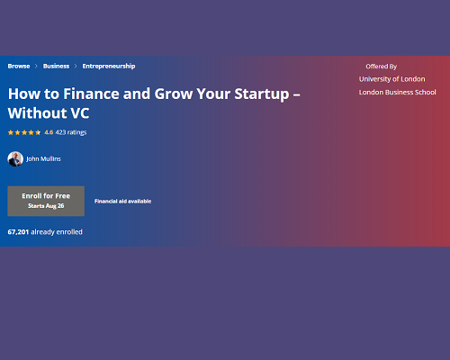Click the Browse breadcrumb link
(x=19, y=66)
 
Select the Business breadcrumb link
(x=56, y=66)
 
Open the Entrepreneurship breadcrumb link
(x=109, y=67)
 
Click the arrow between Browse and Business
(x=36, y=66)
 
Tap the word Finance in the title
(x=91, y=94)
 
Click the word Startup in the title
(x=262, y=94)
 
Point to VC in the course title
(x=80, y=113)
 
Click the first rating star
(x=11, y=132)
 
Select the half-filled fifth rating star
(x=38, y=132)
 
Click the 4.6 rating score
(x=49, y=132)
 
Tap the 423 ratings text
(x=71, y=132)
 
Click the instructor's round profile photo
(x=15, y=159)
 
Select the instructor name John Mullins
(x=43, y=158)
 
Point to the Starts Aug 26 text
(x=46, y=206)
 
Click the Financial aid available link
(x=122, y=202)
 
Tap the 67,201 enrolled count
(x=18, y=232)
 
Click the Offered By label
(x=382, y=67)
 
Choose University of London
(x=392, y=79)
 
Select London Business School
(x=398, y=92)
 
